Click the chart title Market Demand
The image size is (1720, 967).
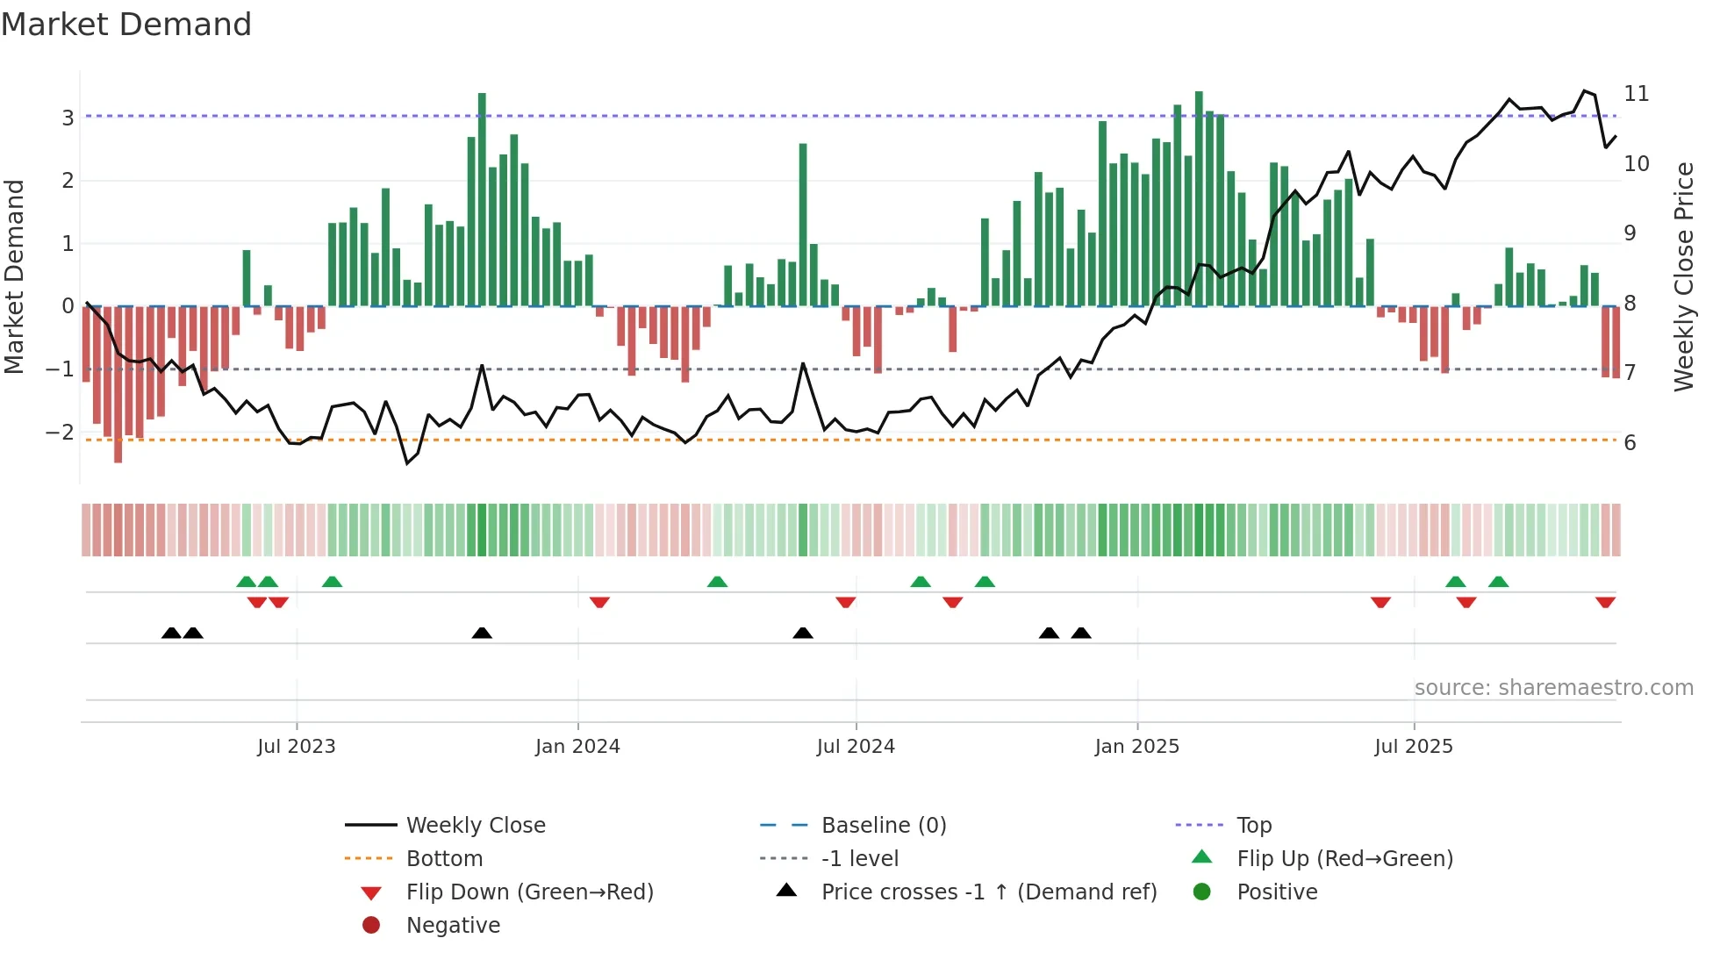click(x=126, y=25)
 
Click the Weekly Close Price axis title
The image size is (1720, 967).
click(x=1683, y=276)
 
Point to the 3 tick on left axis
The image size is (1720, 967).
click(x=68, y=118)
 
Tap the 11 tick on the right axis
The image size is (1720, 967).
click(x=1636, y=94)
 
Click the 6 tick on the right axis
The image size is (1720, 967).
click(x=1630, y=443)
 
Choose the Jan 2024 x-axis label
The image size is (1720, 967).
click(x=577, y=747)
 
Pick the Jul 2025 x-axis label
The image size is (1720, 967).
click(x=1413, y=747)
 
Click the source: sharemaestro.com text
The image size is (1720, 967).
click(x=1553, y=688)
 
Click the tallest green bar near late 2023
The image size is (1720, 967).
click(x=482, y=200)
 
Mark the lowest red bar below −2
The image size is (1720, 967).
click(x=118, y=384)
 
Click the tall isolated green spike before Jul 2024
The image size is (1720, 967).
click(x=803, y=225)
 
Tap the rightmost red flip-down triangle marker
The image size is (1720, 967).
click(x=1605, y=602)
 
